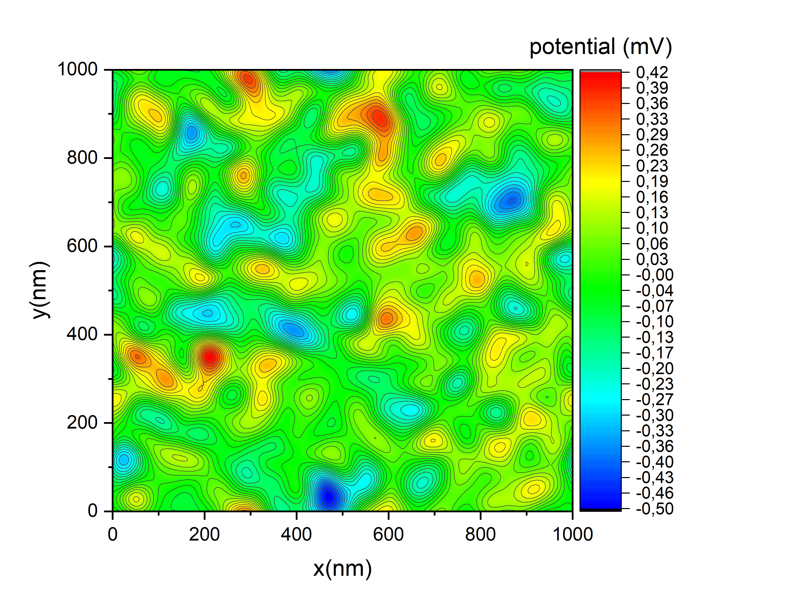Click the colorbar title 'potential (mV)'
point(600,47)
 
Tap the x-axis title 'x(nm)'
point(342,569)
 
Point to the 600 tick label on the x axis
point(388,535)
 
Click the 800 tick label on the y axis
point(82,158)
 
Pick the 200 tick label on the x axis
point(204,535)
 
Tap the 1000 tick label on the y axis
point(77,69)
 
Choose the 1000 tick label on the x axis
point(572,535)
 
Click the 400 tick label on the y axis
point(82,334)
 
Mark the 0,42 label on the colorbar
point(652,72)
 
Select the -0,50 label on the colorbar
point(654,509)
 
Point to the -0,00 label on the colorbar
point(654,275)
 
